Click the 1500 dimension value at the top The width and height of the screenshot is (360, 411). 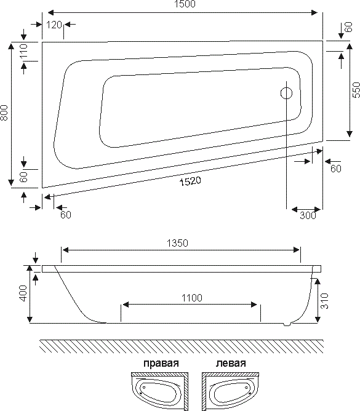point(185,4)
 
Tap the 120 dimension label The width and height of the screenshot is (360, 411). point(54,25)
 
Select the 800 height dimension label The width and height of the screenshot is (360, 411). point(4,113)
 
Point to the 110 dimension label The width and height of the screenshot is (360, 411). point(23,52)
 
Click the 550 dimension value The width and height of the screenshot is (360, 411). point(356,90)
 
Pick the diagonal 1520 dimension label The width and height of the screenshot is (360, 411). point(190,181)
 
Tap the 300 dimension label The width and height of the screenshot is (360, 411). point(308,215)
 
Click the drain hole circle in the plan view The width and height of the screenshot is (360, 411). point(286,94)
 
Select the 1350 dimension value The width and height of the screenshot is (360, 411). point(177,243)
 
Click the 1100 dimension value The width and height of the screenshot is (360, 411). point(192,298)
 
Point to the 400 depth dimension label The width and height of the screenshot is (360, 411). point(23,293)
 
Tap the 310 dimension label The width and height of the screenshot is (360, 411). point(324,301)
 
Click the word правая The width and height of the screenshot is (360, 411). point(161,364)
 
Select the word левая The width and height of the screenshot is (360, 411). point(231,363)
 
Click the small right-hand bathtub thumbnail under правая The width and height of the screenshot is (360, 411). point(159,389)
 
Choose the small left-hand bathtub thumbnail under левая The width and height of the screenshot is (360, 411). point(231,389)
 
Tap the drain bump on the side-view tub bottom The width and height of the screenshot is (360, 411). point(287,324)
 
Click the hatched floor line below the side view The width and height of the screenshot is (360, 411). point(181,346)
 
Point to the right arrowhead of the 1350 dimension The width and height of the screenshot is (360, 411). point(297,250)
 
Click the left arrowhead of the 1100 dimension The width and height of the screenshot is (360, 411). point(126,305)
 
